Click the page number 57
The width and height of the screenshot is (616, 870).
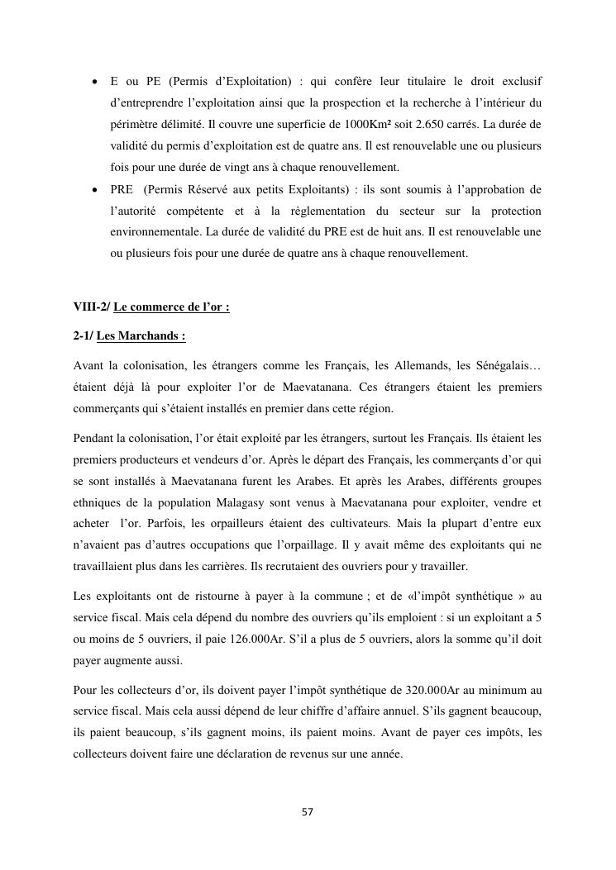click(308, 812)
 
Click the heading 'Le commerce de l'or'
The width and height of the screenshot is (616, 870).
click(171, 307)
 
